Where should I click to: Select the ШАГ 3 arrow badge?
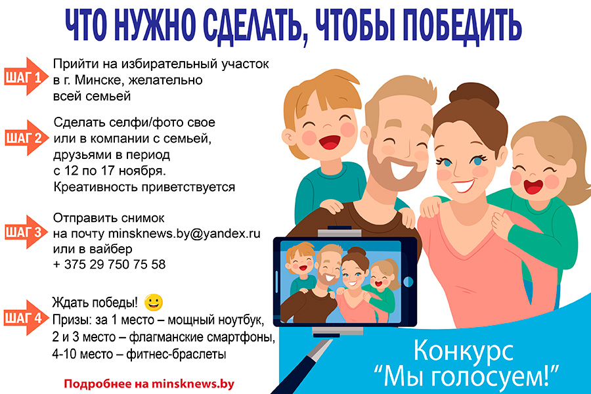[x=25, y=232]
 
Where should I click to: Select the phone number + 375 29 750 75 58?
[x=109, y=265]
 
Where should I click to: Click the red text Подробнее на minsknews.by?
[x=149, y=383]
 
